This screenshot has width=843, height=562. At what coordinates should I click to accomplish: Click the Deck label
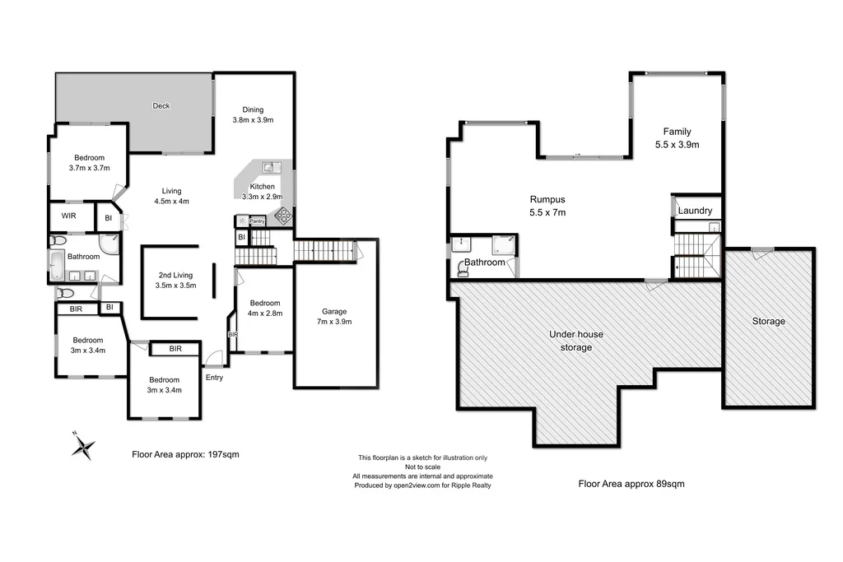click(161, 105)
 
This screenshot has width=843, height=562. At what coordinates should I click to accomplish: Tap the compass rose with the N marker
click(82, 447)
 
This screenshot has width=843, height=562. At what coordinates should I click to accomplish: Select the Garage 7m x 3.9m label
click(334, 317)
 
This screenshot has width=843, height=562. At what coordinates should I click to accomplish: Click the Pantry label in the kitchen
click(258, 221)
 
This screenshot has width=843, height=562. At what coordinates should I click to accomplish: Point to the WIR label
click(68, 218)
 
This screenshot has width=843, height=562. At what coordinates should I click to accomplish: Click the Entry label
click(214, 378)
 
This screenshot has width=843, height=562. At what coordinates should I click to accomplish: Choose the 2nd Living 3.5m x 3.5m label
click(175, 280)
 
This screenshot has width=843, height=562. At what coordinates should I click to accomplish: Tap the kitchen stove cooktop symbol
click(282, 216)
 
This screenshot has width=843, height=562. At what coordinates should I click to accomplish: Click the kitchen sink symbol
click(269, 168)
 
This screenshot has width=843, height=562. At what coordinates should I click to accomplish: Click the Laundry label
click(695, 211)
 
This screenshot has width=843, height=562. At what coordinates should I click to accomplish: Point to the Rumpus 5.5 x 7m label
click(547, 206)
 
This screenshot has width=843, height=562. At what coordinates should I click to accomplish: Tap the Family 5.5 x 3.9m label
click(677, 138)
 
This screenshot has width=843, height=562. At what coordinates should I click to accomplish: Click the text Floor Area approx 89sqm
click(631, 484)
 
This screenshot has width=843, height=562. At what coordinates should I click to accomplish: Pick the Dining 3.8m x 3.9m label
click(253, 114)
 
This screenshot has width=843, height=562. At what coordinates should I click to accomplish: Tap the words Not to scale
click(422, 467)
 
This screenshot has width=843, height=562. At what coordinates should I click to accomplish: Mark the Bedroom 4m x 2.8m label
click(265, 307)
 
